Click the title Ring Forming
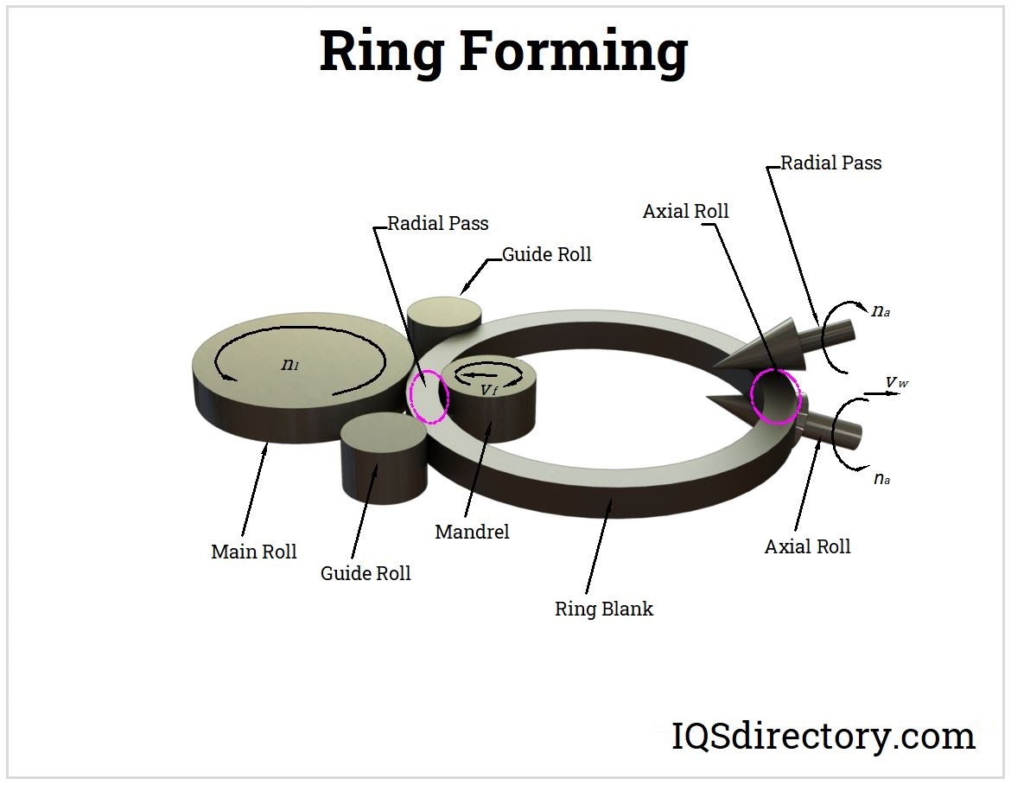coord(503,52)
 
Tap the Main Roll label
coord(254,552)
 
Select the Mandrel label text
coord(472,532)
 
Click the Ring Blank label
coord(603,609)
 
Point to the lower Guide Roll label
coord(366,573)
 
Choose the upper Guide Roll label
coord(547,254)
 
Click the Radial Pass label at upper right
coord(831,163)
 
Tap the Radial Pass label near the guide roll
coord(437,224)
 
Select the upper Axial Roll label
coord(686,211)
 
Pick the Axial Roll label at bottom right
coord(807,546)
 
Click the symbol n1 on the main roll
coord(290,364)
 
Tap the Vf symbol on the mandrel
coord(489,390)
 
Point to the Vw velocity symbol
coord(895,381)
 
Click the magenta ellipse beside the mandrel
coord(429,396)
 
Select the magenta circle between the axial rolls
coord(775,395)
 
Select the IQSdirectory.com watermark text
coord(823,737)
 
